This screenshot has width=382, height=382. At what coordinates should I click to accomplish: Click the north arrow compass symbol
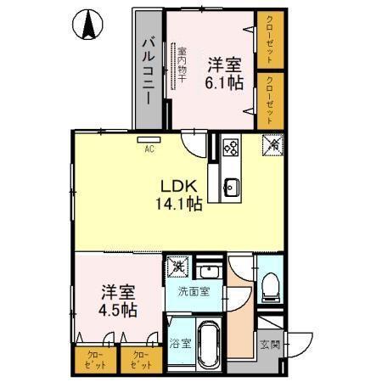(x=87, y=26)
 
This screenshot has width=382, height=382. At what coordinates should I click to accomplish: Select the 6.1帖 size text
(x=223, y=82)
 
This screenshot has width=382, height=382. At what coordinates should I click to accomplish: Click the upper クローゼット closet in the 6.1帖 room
(x=271, y=37)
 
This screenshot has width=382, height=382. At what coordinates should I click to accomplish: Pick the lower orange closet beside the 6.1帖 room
(x=271, y=98)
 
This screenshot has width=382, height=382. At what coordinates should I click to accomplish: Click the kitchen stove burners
(x=229, y=148)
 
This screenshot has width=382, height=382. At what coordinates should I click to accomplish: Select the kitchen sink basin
(x=230, y=186)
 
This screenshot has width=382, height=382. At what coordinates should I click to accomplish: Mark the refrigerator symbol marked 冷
(x=273, y=145)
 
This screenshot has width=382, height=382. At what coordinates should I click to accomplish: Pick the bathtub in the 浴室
(x=206, y=345)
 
